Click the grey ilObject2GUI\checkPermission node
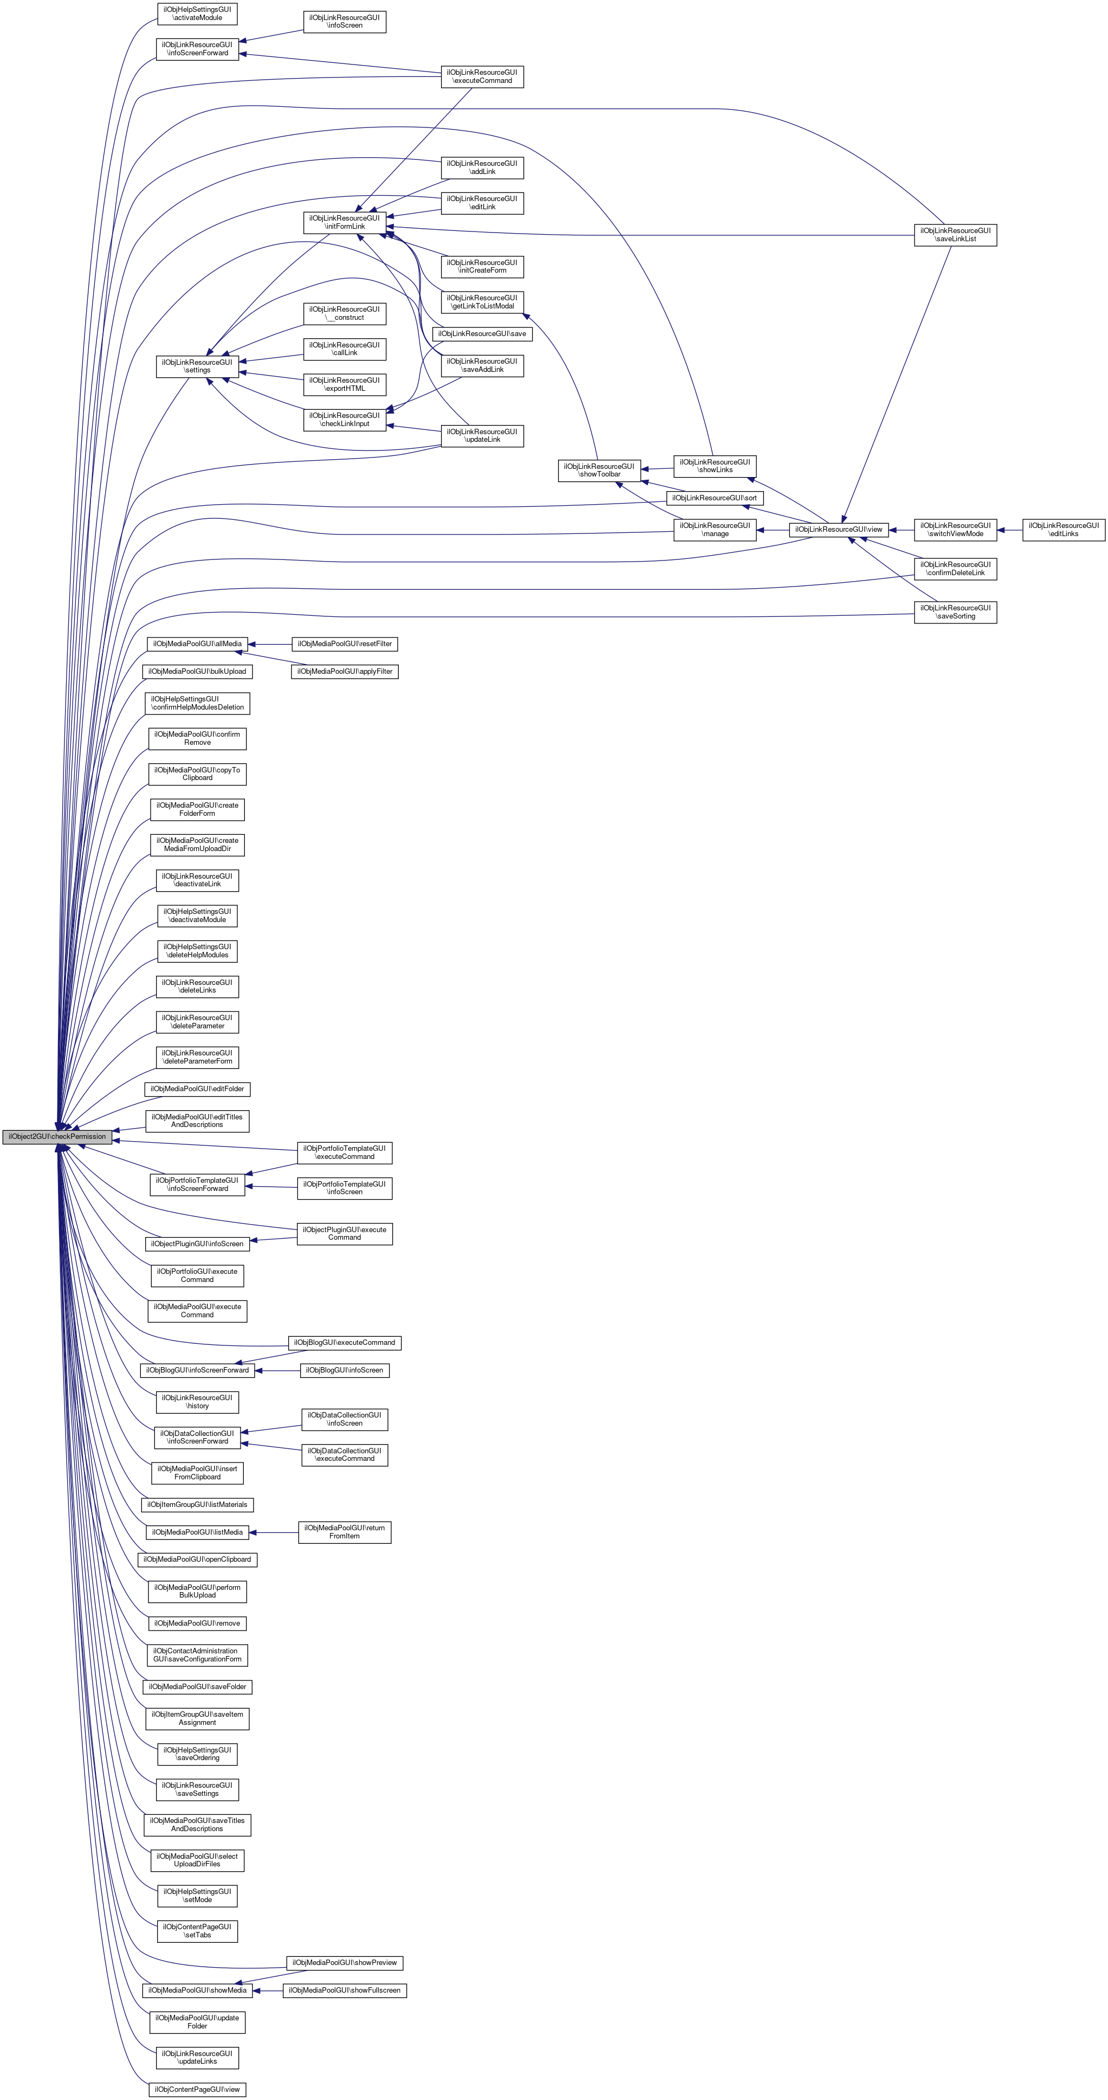57,1136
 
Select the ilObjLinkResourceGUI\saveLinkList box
955,235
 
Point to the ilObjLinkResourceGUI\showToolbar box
599,471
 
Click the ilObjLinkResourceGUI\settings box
197,366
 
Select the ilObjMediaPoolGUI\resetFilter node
345,644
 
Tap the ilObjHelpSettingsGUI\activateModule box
197,13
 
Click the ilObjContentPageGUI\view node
197,2089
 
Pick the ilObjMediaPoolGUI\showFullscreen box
345,1990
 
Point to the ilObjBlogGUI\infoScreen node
345,1370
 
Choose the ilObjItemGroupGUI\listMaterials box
197,1504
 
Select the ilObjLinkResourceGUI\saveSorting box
955,612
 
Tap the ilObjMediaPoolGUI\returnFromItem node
345,1532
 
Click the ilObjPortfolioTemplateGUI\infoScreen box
345,1188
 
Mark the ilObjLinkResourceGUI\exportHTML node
345,384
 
